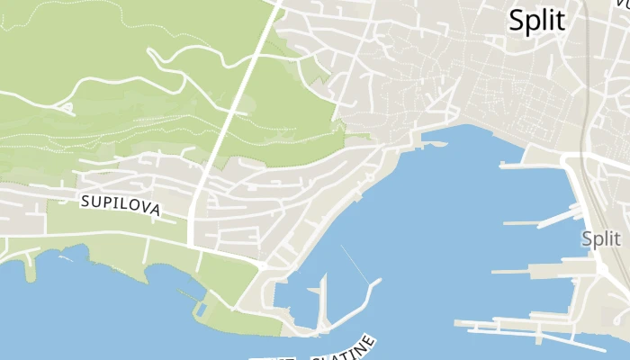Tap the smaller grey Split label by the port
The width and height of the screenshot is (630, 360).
[601, 239]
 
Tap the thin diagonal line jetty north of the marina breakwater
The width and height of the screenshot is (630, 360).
[354, 262]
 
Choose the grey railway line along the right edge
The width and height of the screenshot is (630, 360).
[587, 108]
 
